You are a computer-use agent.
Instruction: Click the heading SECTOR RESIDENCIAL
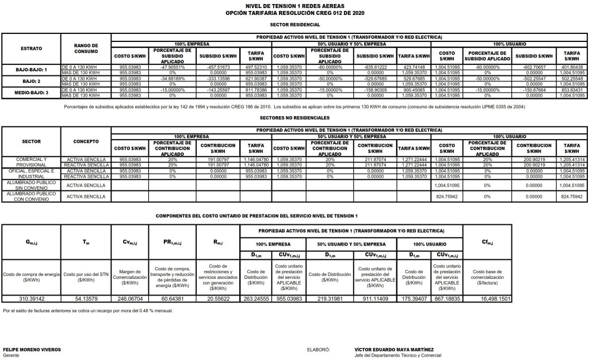pyautogui.click(x=294, y=25)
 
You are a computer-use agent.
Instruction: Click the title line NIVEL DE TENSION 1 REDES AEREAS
pyautogui.click(x=294, y=5)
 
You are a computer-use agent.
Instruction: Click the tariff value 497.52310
pyautogui.click(x=252, y=67)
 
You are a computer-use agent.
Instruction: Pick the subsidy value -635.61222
pyautogui.click(x=374, y=67)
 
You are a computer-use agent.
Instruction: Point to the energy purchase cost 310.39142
pyautogui.click(x=31, y=298)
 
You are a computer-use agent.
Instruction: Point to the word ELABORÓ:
pyautogui.click(x=319, y=349)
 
